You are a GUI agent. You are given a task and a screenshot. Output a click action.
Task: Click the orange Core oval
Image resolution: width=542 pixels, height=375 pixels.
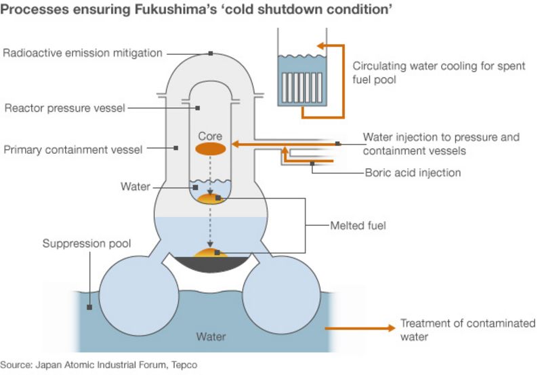(x=210, y=149)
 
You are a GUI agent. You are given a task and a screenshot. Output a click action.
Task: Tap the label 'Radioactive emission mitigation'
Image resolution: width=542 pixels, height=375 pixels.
(x=83, y=54)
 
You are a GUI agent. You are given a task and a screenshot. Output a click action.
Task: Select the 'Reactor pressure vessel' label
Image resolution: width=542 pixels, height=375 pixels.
(x=65, y=108)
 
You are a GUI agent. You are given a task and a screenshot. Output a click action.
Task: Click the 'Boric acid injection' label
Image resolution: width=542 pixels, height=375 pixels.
(x=413, y=172)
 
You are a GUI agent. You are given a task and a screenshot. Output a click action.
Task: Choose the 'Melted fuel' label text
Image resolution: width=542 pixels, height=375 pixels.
(x=358, y=225)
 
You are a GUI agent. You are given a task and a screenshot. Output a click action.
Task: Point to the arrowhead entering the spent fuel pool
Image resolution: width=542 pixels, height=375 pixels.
(x=322, y=45)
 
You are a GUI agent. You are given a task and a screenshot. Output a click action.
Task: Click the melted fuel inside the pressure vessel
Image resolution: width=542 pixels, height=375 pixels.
(x=209, y=199)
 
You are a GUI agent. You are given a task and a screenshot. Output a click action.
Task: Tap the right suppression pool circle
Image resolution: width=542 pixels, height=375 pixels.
(x=276, y=293)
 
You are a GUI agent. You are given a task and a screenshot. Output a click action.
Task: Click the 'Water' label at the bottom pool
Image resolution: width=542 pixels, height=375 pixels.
(x=211, y=336)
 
